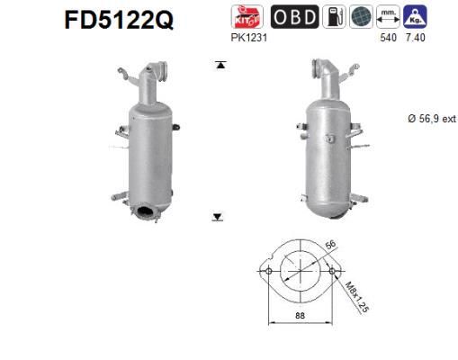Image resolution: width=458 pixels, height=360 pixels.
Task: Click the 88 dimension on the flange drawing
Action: coord(300,314)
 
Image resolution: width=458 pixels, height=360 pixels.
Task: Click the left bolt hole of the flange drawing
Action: coord(266,271)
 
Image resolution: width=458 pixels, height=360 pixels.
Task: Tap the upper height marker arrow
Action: coord(218,65)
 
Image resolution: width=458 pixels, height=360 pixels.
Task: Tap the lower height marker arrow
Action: coord(218,217)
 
